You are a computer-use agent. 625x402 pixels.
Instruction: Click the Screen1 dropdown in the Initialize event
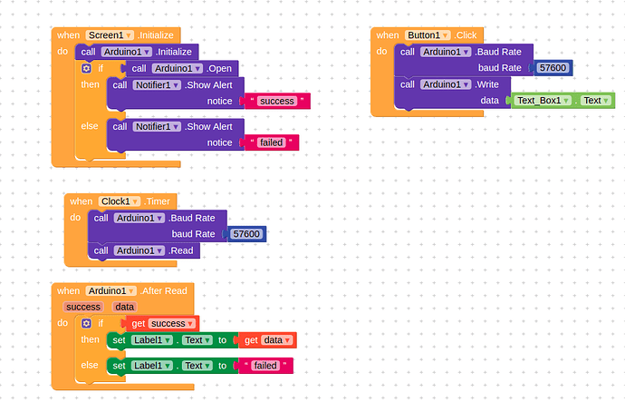click(110, 34)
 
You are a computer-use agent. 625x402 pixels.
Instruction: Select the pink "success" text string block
click(276, 101)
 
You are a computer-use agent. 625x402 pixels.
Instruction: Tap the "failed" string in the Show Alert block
click(271, 142)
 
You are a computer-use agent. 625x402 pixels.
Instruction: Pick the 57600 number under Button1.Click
click(553, 68)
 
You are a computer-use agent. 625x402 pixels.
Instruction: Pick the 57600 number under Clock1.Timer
click(245, 234)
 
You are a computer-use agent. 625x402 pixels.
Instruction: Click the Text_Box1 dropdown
click(543, 100)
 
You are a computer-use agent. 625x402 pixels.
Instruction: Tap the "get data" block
click(268, 340)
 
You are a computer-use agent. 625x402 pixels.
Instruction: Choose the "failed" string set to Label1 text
click(267, 365)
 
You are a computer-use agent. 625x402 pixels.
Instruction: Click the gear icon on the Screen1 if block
click(86, 68)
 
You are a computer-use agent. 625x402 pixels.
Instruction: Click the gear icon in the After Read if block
click(86, 323)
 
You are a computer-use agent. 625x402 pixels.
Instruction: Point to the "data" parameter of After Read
click(123, 307)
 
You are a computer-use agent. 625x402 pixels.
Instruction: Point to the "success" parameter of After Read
click(83, 307)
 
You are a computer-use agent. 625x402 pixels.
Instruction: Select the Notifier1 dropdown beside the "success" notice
click(158, 84)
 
